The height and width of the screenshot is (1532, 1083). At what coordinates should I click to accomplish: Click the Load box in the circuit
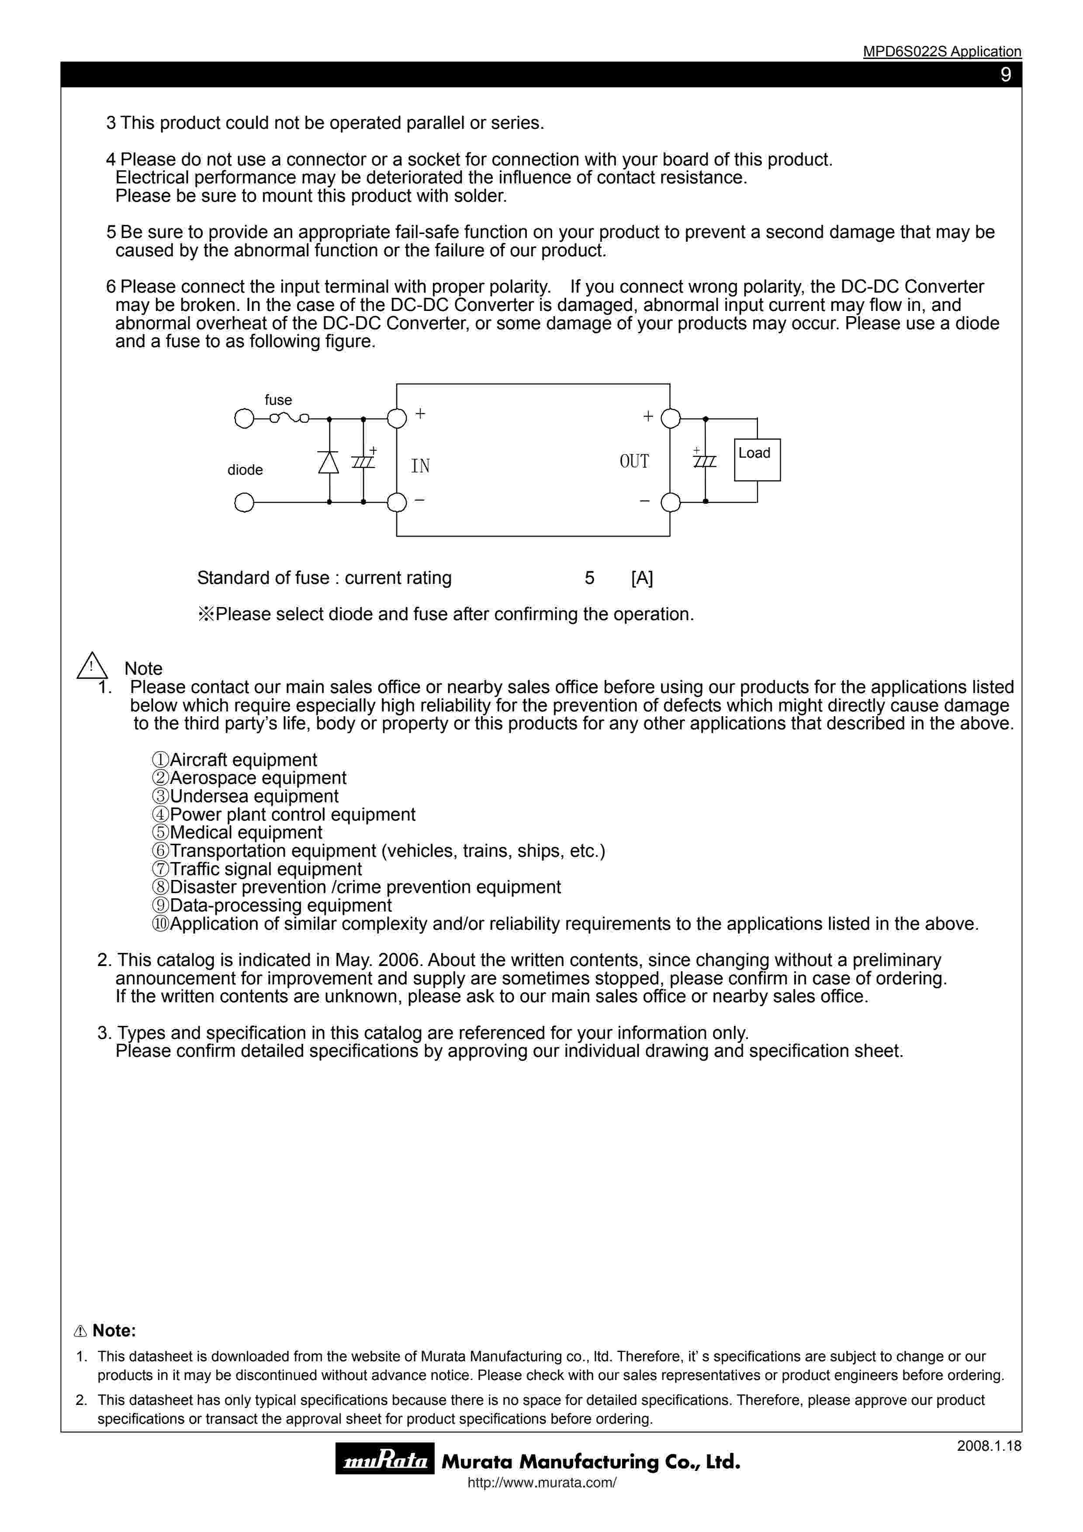click(757, 460)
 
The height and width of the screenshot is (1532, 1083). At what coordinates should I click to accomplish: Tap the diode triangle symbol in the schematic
click(328, 462)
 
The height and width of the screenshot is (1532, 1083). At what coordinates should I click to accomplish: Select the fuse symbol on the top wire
click(289, 418)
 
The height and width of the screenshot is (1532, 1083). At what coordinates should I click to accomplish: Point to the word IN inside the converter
click(420, 466)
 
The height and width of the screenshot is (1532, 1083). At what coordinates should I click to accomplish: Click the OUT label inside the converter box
click(634, 461)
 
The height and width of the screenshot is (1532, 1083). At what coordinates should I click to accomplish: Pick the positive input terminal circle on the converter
click(397, 418)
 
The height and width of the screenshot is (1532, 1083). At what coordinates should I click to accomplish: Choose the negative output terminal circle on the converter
click(670, 502)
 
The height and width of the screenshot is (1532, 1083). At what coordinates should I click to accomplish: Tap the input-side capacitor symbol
click(363, 461)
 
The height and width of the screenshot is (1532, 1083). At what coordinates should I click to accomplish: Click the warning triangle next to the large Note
click(92, 666)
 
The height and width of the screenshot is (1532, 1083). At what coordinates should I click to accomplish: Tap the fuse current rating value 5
click(589, 578)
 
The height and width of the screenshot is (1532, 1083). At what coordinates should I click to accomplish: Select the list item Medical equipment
click(246, 833)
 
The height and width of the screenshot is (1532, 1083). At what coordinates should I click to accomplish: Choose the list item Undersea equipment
click(253, 796)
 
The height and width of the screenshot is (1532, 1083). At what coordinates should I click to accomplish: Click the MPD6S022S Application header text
click(941, 52)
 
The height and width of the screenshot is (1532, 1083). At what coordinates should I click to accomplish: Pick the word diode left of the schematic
click(245, 470)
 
